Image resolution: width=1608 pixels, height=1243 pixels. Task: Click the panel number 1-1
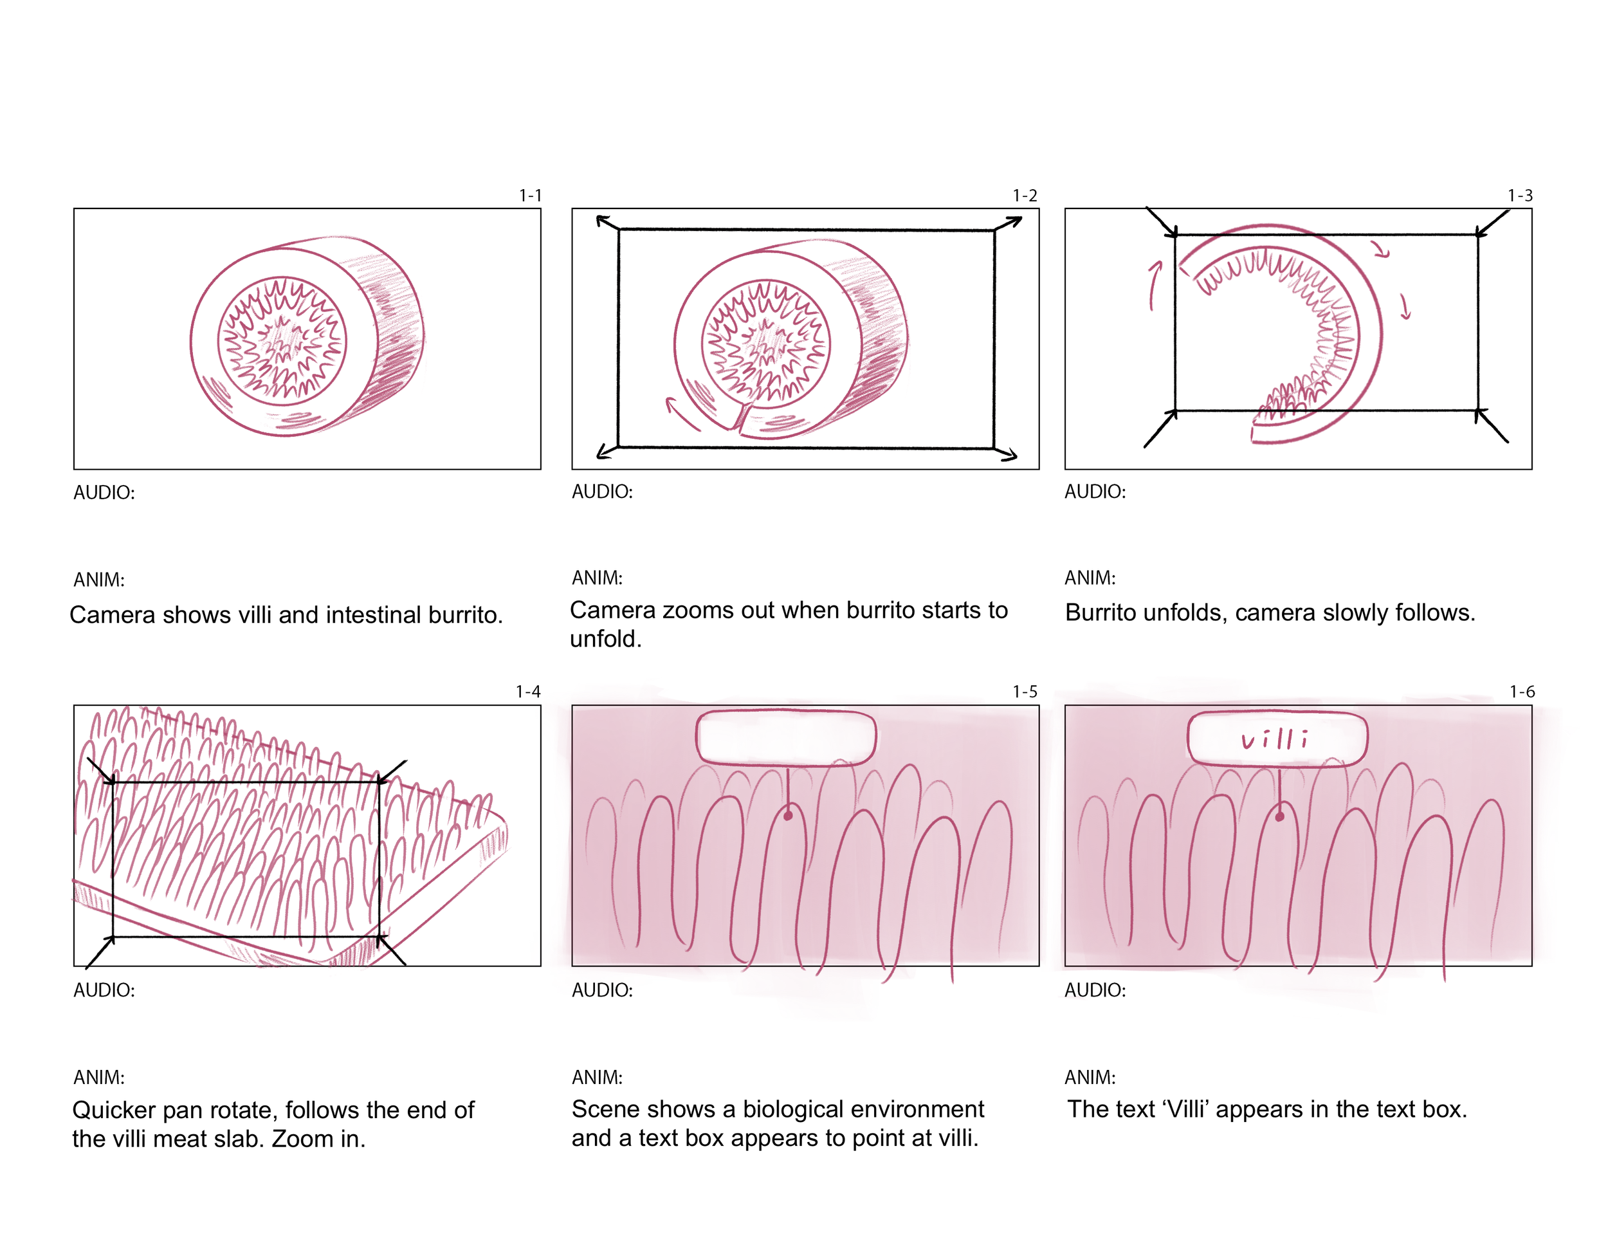[x=529, y=196]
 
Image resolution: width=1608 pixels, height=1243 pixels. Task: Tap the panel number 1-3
[x=1520, y=196]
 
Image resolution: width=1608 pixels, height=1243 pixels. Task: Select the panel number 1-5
[x=1024, y=692]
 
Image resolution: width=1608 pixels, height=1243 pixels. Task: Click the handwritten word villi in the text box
[x=1274, y=739]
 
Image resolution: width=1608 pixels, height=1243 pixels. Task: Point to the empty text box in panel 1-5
[x=785, y=737]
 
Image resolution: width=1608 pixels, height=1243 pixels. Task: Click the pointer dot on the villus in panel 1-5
[x=788, y=816]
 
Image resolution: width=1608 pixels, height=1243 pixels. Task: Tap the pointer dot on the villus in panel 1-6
[x=1279, y=816]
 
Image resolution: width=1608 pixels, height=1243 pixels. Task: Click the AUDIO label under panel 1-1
[x=104, y=493]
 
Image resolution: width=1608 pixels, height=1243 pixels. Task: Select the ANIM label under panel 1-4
[x=98, y=1077]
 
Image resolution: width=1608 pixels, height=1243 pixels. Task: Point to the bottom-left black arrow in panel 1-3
[x=1160, y=430]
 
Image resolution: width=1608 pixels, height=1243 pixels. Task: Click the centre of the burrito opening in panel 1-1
[x=282, y=341]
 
